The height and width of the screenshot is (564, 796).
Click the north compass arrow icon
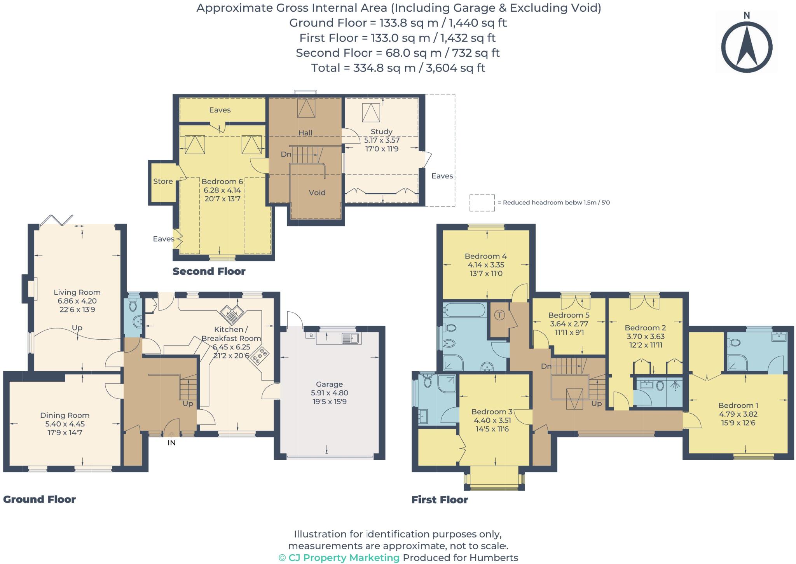point(747,47)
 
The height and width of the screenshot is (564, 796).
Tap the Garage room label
point(329,384)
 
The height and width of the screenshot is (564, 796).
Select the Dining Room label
point(65,415)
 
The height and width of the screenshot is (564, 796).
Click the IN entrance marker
point(171,442)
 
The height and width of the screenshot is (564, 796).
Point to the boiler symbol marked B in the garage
point(311,335)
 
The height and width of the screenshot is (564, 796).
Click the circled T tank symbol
point(500,315)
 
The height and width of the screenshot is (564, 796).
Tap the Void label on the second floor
point(317,192)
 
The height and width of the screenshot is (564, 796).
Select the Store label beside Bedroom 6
point(163,181)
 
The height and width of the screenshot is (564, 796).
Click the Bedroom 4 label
point(486,256)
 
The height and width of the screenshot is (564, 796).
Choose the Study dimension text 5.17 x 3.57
point(382,140)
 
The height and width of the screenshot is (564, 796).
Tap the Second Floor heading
point(209,271)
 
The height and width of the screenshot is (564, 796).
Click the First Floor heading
point(440,499)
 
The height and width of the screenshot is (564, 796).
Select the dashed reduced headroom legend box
point(482,203)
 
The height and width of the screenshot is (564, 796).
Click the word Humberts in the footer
point(494,558)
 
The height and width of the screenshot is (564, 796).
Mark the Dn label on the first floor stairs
point(546,366)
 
